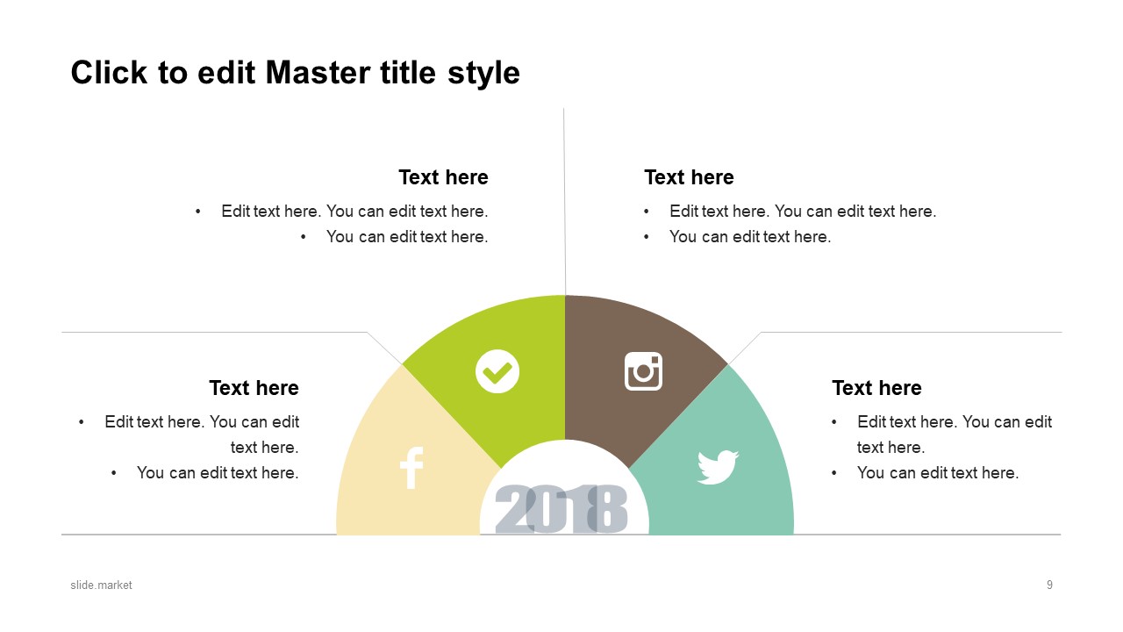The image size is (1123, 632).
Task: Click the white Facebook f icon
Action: coord(411,468)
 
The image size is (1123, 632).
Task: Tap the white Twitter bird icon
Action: coord(718,467)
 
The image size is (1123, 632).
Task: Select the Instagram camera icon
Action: coord(643,371)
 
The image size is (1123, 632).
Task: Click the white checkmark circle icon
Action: coord(497,371)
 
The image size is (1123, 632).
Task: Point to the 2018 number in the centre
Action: coord(561,509)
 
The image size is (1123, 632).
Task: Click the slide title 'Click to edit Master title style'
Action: coord(296,73)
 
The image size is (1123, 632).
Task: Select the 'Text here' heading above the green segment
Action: coord(443,177)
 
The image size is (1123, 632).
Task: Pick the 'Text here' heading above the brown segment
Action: coord(689,177)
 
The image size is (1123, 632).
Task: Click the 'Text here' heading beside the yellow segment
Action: coord(254,388)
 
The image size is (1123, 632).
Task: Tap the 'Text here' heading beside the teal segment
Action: coord(876,388)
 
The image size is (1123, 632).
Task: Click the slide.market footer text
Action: coord(101,585)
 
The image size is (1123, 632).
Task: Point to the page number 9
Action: coord(1049,585)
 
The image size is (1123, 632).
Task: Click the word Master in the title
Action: coord(318,73)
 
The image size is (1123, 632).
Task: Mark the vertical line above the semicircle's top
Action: coord(564,201)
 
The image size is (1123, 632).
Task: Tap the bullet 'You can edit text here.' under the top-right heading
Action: coord(750,236)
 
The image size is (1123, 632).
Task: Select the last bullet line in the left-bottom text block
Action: coord(218,472)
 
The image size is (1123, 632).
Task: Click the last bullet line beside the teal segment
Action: coord(938,472)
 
